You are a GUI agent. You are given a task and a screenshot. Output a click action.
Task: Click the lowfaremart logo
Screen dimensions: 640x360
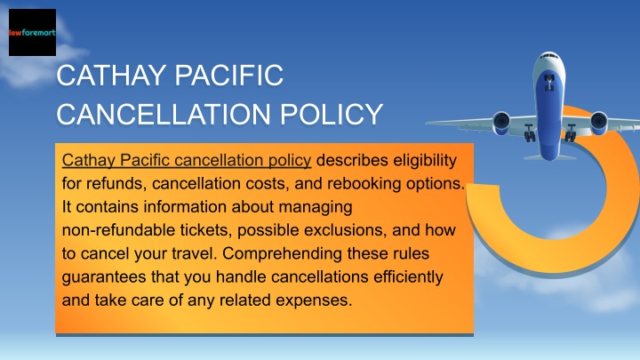pos(32,32)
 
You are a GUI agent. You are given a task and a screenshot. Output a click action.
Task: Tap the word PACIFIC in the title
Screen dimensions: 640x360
pos(229,75)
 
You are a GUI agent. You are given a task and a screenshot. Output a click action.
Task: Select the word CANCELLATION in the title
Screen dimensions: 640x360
pos(164,114)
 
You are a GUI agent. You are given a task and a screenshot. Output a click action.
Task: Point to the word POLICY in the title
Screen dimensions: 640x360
pos(331,114)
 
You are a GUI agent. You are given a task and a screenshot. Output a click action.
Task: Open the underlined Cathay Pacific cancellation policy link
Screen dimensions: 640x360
pos(187,160)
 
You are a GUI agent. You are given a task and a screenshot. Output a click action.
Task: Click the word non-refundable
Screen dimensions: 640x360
pos(118,230)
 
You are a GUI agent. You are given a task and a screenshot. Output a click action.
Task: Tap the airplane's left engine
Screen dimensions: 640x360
pos(500,123)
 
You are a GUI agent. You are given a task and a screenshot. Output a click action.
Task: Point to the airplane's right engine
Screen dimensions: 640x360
pos(598,123)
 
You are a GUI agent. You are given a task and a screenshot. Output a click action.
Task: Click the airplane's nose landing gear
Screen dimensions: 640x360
pos(549,82)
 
